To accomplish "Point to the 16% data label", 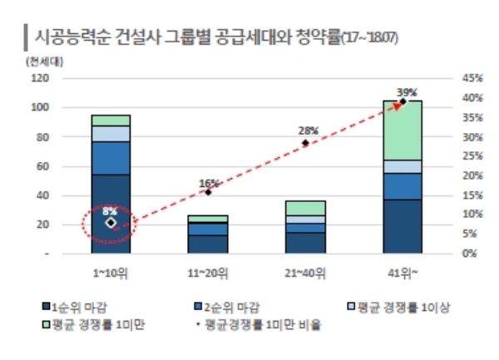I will (209, 183).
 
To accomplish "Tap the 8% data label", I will (109, 211).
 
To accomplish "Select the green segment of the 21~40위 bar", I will (306, 208).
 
